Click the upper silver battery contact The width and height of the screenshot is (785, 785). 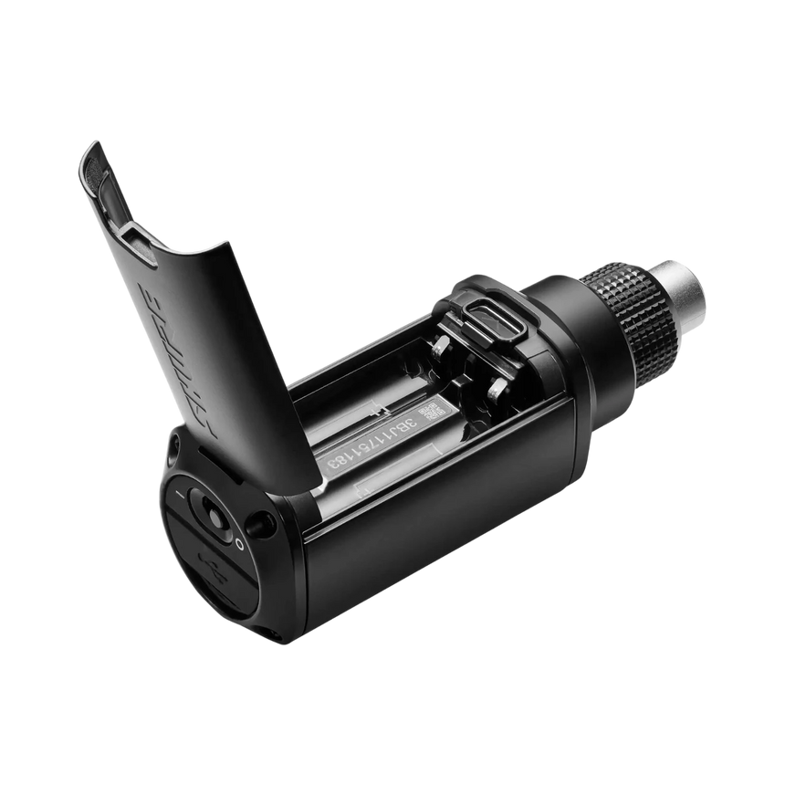tap(441, 347)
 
